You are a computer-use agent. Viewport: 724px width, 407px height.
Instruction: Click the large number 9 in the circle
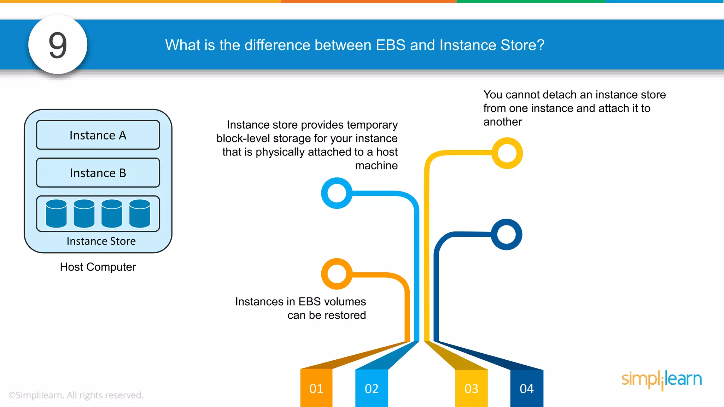(58, 45)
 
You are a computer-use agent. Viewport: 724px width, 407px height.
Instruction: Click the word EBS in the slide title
(390, 45)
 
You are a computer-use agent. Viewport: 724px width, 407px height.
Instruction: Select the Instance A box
(98, 135)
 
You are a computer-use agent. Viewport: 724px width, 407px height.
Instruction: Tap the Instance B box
(98, 173)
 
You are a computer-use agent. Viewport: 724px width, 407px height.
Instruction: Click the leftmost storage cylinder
(56, 213)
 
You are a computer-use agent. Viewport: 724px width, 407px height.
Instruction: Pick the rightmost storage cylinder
(140, 213)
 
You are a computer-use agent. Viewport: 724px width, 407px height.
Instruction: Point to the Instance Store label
(101, 241)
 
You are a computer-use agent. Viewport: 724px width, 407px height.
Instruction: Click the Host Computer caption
(98, 267)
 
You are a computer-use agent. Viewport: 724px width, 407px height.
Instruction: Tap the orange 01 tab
(316, 388)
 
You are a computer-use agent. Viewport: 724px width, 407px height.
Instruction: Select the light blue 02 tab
(372, 388)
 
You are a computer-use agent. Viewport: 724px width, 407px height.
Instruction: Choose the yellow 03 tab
(471, 388)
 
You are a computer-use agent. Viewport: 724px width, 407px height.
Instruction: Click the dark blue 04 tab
(526, 388)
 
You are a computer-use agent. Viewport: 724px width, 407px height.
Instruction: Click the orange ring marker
(337, 273)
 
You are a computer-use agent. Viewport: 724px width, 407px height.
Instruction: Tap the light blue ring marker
(337, 193)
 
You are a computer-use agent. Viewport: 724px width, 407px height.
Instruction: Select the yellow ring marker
(507, 153)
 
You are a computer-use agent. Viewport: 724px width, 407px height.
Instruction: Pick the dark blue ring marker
(507, 234)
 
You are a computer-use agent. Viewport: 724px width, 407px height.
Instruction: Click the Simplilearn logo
(661, 379)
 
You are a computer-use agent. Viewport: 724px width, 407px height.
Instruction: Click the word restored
(345, 315)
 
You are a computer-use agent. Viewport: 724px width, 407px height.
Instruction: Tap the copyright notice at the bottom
(76, 395)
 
